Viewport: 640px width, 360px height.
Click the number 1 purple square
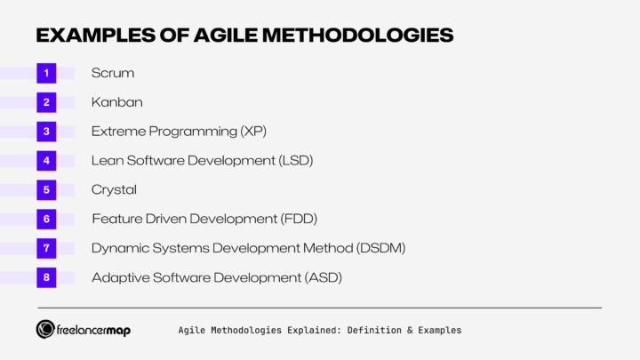coord(46,73)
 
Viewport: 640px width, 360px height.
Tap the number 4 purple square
coord(46,161)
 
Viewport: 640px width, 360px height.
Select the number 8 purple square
coord(46,277)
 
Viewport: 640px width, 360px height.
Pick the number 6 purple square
coord(46,219)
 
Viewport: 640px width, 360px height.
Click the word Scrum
coord(113,73)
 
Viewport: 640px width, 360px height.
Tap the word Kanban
coord(116,102)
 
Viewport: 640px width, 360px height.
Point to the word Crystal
coord(114,189)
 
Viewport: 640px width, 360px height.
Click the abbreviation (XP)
coord(253,132)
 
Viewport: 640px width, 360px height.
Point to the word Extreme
coord(117,132)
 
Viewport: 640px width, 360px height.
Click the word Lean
coord(108,161)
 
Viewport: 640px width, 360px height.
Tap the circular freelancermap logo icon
coord(46,330)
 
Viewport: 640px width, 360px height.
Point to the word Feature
coord(116,219)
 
